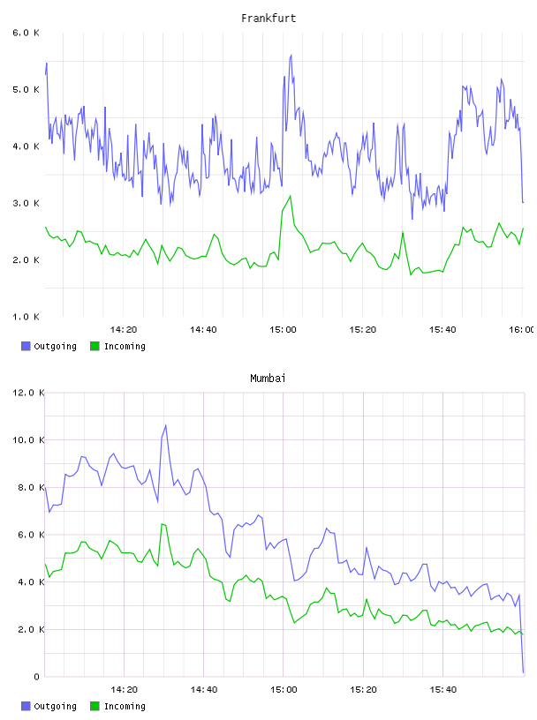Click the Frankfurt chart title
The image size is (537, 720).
[268, 19]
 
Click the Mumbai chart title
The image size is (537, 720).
[268, 379]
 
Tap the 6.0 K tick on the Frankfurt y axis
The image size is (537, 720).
[26, 33]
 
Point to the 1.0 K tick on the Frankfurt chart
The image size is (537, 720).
[26, 317]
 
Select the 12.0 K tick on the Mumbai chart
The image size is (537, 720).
[28, 393]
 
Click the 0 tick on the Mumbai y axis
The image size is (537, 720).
[37, 677]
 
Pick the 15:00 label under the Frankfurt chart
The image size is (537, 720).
[283, 330]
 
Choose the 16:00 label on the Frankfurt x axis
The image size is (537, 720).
[521, 330]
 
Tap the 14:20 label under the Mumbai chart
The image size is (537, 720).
[124, 690]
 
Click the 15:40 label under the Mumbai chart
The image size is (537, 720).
[442, 690]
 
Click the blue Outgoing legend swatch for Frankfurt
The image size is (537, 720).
[26, 346]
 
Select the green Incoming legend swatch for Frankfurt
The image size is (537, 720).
[95, 346]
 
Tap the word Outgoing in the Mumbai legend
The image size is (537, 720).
[55, 706]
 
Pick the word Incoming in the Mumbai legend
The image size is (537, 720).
[125, 706]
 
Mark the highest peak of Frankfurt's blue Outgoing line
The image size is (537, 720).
[291, 56]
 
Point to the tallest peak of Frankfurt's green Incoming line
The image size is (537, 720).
[290, 196]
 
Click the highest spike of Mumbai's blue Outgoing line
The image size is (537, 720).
[165, 425]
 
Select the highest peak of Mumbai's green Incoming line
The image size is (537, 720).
[162, 524]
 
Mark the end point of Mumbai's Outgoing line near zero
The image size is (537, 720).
[523, 672]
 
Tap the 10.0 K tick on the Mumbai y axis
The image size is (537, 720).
[28, 440]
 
